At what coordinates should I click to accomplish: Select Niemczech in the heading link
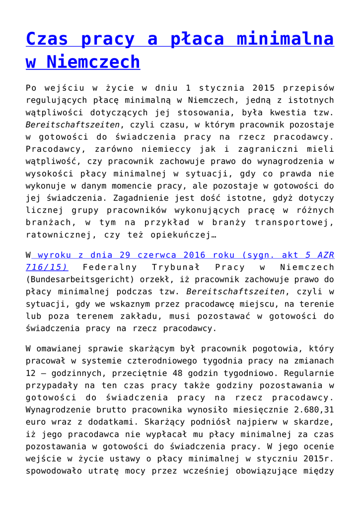click(x=93, y=62)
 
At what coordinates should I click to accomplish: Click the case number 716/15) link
click(x=47, y=267)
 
